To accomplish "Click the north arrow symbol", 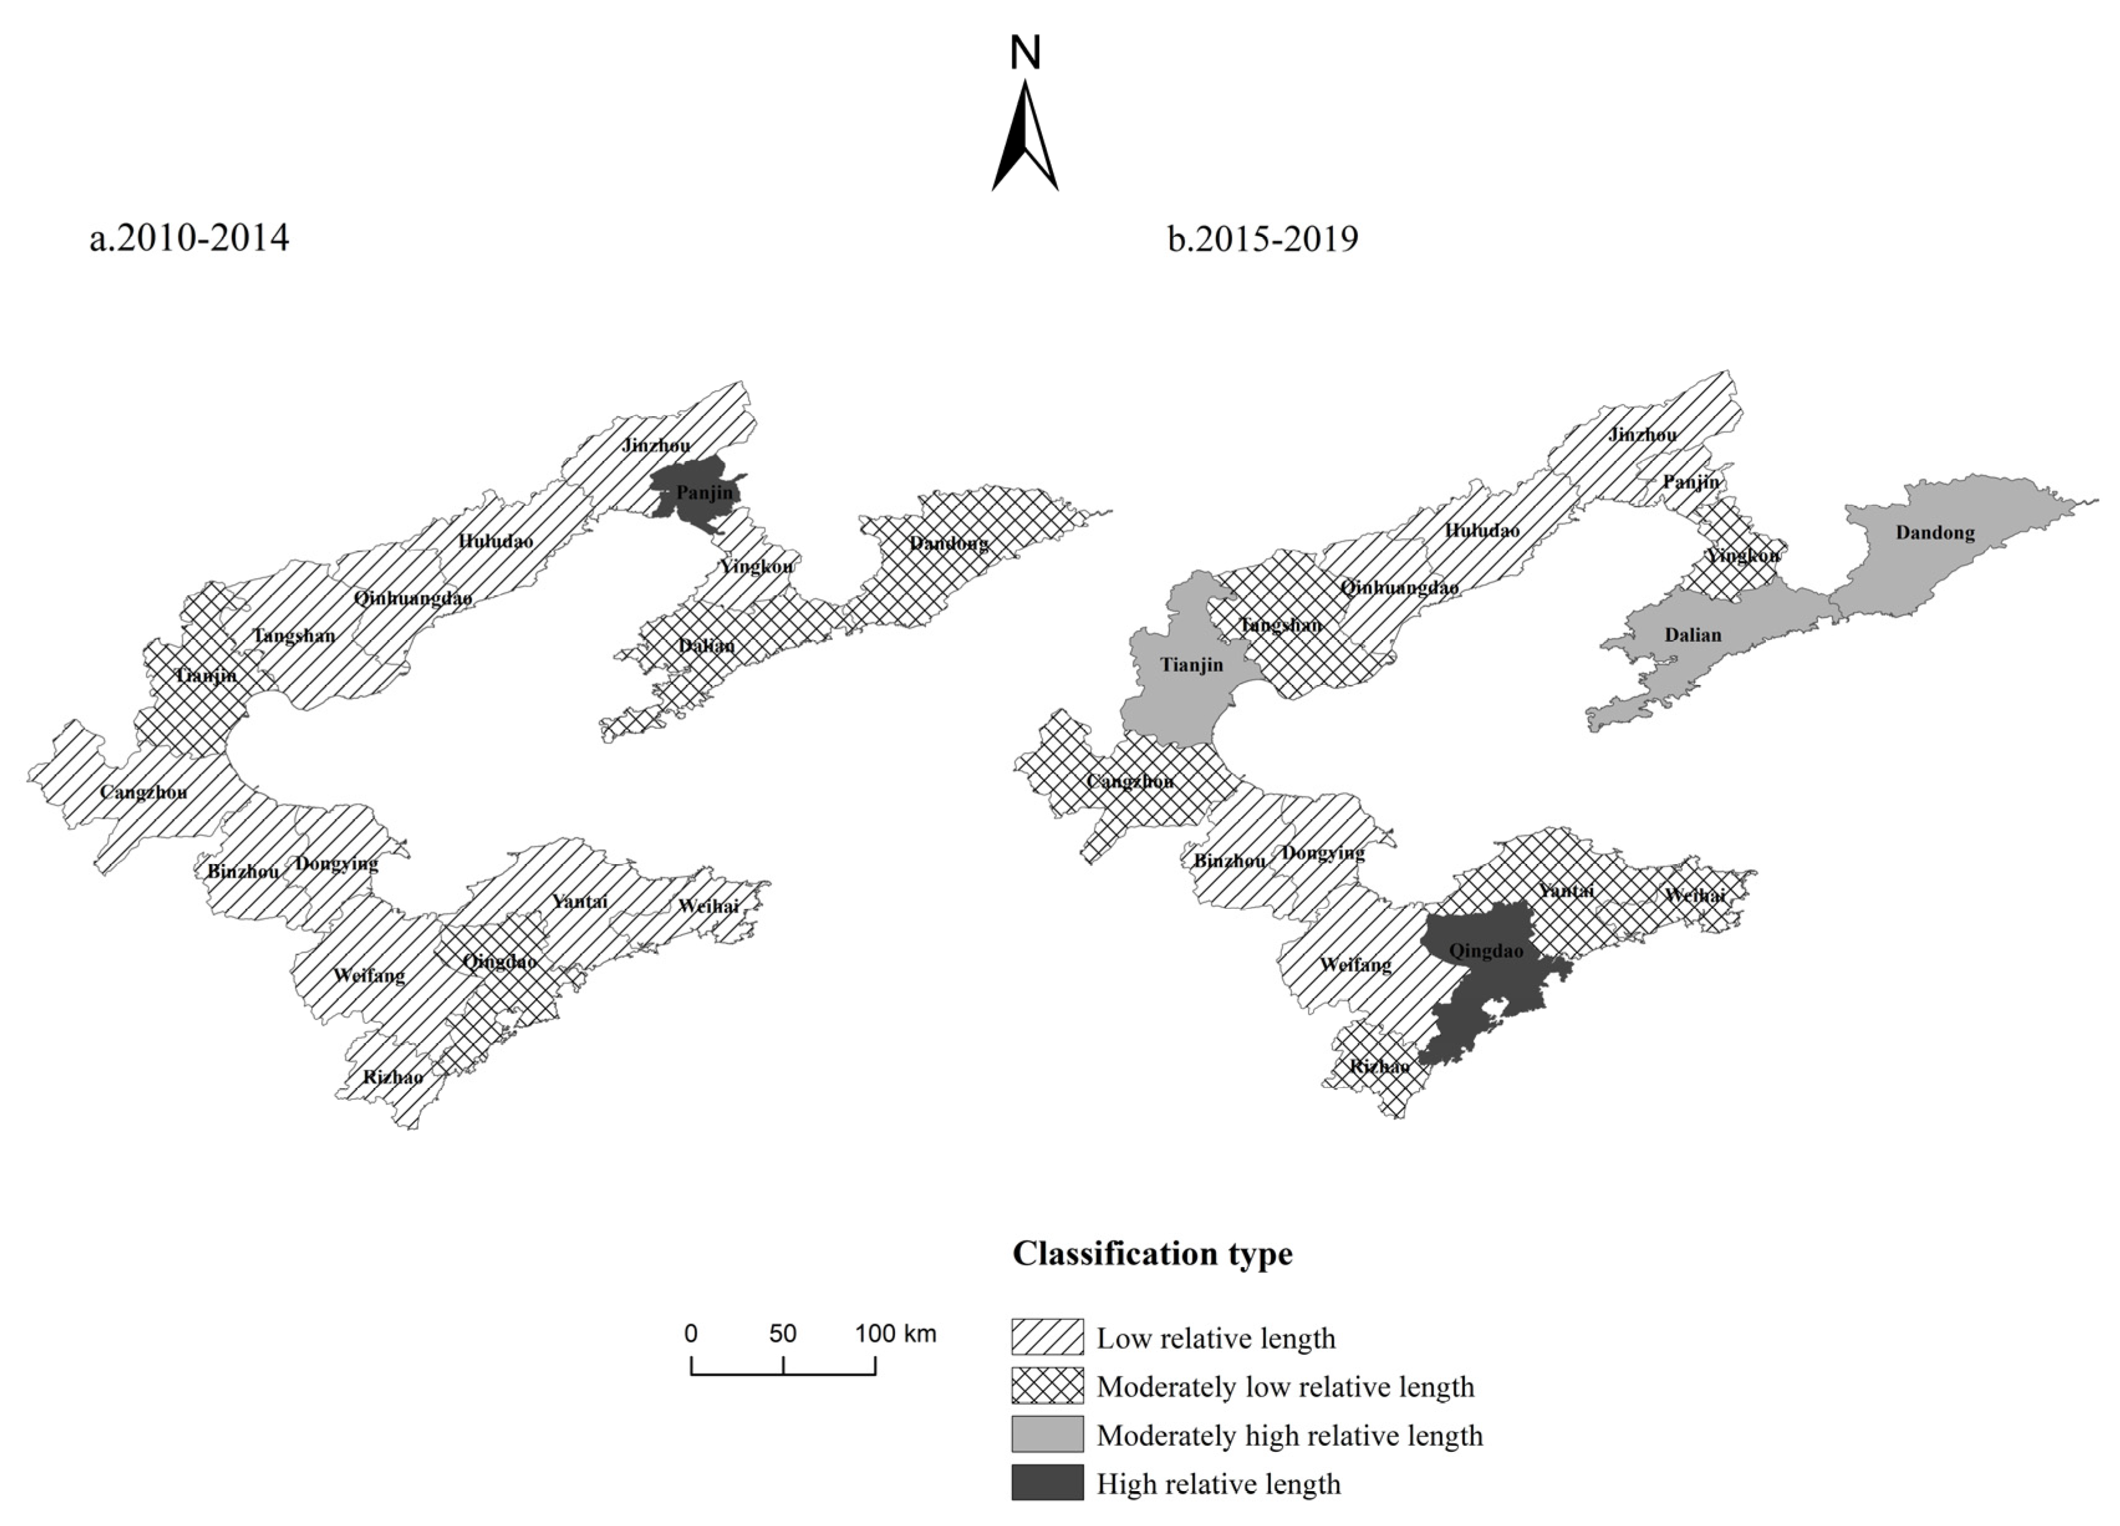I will point(1025,137).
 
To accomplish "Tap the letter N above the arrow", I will point(1025,54).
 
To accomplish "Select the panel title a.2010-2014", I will point(190,238).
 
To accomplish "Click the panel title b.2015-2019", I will point(1263,240).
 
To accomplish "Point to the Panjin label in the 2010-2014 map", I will point(705,492).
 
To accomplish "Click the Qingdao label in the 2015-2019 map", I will point(1485,951).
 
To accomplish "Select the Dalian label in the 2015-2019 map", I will point(1692,635).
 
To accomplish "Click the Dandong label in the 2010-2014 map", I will point(949,543).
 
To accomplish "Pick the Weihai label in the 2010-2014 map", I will point(708,905).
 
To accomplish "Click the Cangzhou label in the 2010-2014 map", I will point(143,792).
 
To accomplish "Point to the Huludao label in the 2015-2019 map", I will point(1482,530).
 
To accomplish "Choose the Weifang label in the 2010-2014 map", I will point(370,975).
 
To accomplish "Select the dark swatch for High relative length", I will point(1047,1483).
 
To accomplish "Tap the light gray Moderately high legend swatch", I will point(1047,1435).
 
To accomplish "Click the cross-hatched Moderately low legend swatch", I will point(1047,1386).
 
